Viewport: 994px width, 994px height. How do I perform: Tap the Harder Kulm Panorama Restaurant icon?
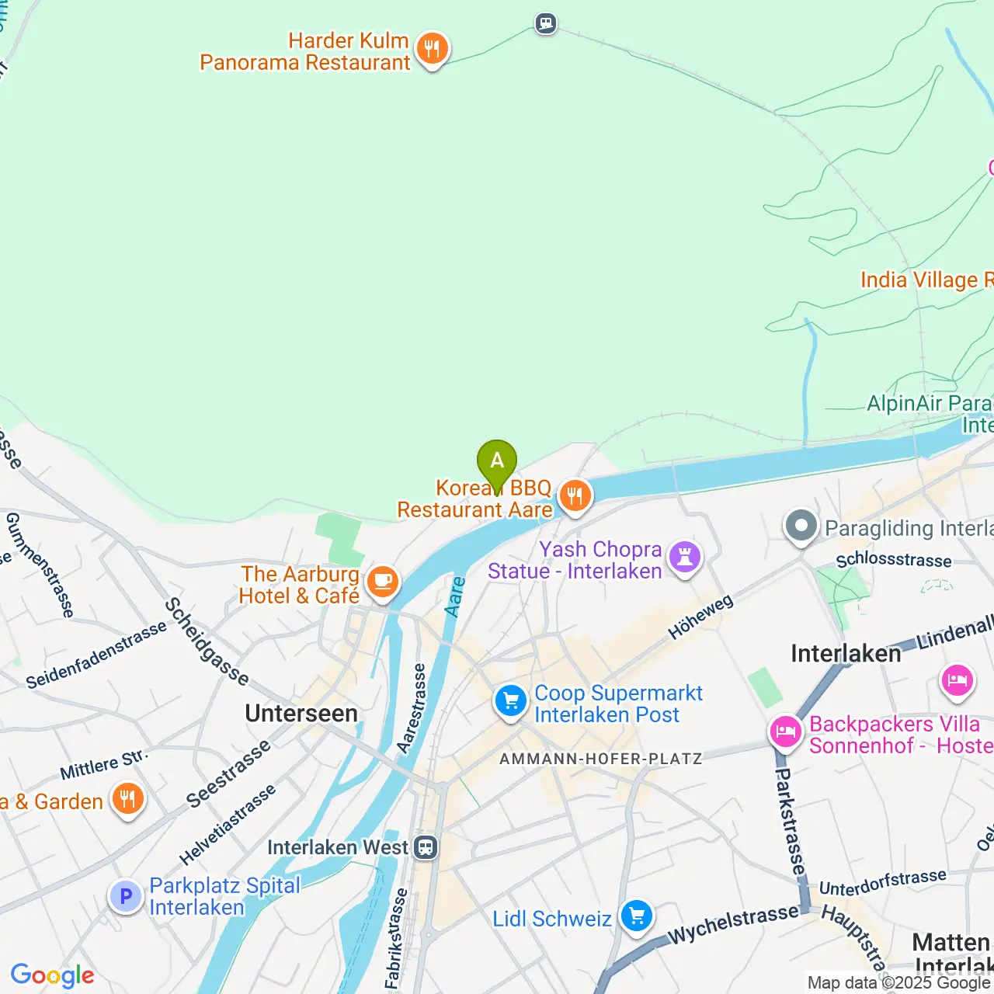coord(432,50)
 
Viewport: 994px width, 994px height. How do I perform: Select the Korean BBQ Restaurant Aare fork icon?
coord(575,496)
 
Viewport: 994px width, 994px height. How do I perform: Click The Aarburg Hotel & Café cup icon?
coord(382,582)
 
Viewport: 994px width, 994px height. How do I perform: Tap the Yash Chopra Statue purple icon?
coord(685,557)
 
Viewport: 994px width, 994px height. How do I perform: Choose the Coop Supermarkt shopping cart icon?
coord(511,702)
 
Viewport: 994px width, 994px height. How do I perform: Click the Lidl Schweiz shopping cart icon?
coord(637,917)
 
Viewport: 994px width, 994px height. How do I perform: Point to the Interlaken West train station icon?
coord(426,847)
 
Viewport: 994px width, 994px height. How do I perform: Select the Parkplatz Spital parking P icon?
coord(126,897)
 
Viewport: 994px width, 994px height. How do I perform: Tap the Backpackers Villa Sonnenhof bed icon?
coord(785,732)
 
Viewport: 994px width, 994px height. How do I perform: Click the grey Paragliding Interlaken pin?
coord(801,527)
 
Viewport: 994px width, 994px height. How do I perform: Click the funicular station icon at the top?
coord(546,23)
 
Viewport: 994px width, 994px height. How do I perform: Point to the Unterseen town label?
coord(301,714)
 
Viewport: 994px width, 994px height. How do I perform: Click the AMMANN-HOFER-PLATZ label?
coord(600,759)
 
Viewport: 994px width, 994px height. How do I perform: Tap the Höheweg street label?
coord(700,618)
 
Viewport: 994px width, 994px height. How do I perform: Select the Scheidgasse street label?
coord(207,641)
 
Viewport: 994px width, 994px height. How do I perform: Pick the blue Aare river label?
coord(455,596)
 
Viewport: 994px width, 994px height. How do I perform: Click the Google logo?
coord(53,975)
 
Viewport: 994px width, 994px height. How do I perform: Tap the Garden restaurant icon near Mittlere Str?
coord(127,799)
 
